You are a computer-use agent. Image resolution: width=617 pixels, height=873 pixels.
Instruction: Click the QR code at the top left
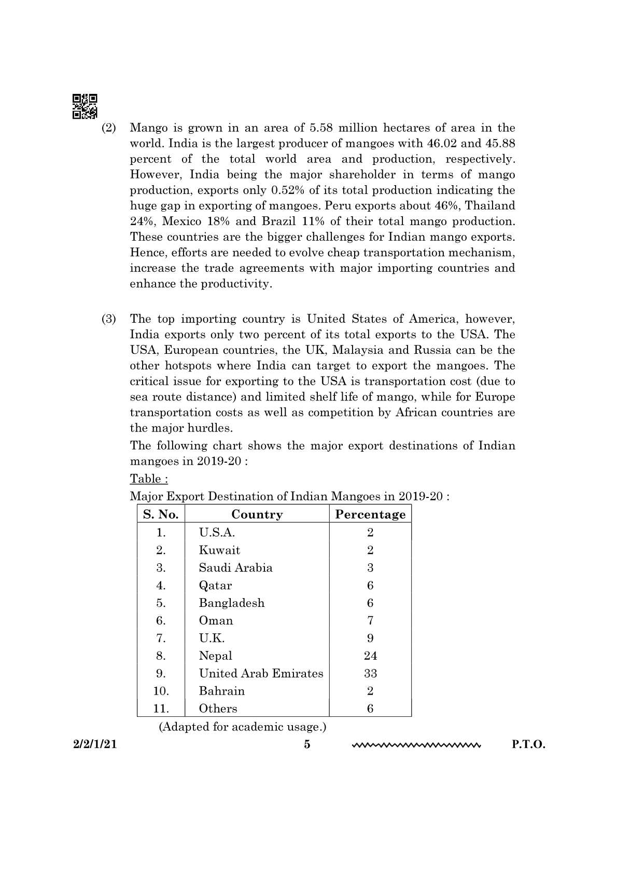point(85,106)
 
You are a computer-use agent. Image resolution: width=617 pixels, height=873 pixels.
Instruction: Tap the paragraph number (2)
point(108,128)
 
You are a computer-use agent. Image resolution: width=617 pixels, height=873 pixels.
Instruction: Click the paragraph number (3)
point(108,319)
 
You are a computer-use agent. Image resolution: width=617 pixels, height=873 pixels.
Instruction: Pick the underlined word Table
point(148,478)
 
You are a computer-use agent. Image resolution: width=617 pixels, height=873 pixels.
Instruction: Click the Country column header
point(257,515)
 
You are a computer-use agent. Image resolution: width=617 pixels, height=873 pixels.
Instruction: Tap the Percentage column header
point(370,515)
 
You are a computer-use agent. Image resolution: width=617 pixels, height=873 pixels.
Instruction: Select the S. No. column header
point(161,515)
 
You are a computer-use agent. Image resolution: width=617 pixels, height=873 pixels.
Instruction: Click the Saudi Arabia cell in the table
point(235,567)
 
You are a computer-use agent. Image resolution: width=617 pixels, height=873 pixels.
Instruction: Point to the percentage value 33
point(370,673)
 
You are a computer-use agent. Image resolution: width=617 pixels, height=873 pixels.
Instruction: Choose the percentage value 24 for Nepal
point(370,656)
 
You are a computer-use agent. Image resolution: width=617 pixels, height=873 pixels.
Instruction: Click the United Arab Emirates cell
point(261,673)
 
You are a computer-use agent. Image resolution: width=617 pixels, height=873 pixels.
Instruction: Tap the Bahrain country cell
point(221,691)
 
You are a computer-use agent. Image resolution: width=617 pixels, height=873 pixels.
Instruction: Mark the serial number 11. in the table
point(161,709)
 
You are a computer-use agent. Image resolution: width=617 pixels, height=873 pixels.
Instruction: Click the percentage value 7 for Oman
point(370,620)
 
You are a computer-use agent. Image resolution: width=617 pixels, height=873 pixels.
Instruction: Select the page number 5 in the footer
point(307,745)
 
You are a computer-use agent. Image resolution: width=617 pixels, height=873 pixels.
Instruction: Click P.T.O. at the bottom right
point(528,745)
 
